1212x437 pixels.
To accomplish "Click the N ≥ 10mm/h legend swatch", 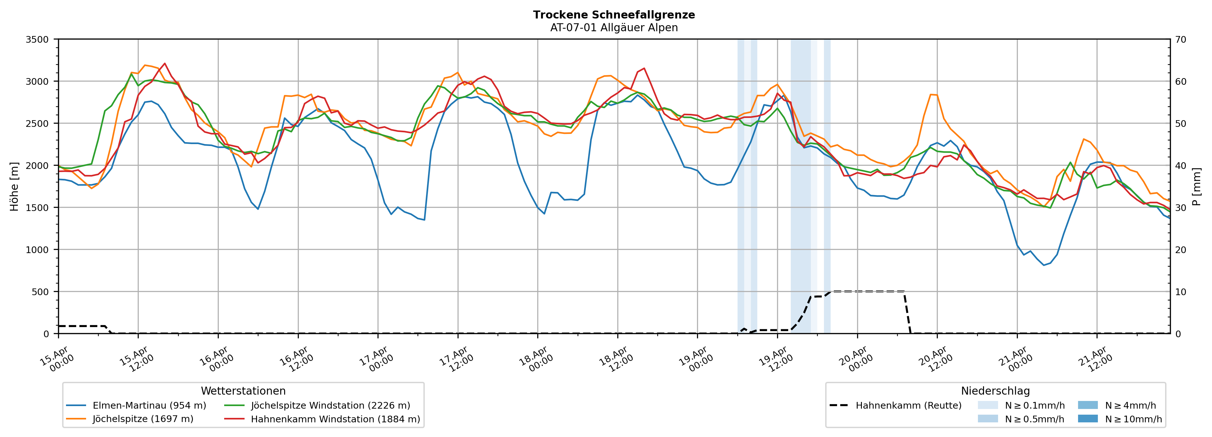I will [x=1087, y=419].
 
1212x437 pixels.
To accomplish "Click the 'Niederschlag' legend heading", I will [x=995, y=391].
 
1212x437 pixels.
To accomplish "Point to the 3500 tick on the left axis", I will [x=37, y=40].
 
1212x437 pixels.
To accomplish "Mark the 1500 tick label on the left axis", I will [x=37, y=208].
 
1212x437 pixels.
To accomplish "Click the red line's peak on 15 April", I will [x=164, y=63].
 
